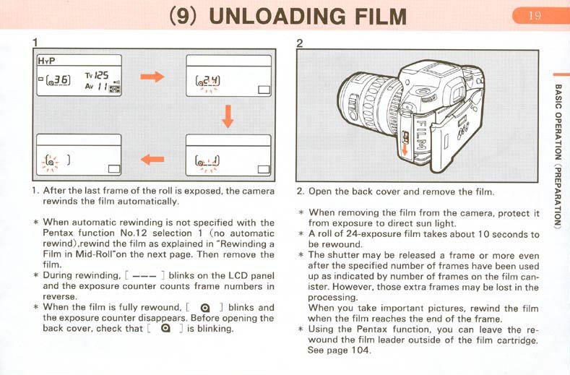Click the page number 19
pyautogui.click(x=535, y=16)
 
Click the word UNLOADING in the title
pyautogui.click(x=277, y=17)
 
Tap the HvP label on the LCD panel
pyautogui.click(x=46, y=61)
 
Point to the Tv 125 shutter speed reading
pyautogui.click(x=97, y=76)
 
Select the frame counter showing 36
pyautogui.click(x=59, y=79)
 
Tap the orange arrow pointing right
pyautogui.click(x=152, y=77)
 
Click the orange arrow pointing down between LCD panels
pyautogui.click(x=228, y=116)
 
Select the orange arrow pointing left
pyautogui.click(x=152, y=159)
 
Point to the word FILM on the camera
pyautogui.click(x=420, y=134)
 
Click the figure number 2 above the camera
pyautogui.click(x=300, y=43)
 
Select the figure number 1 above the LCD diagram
pyautogui.click(x=35, y=43)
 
